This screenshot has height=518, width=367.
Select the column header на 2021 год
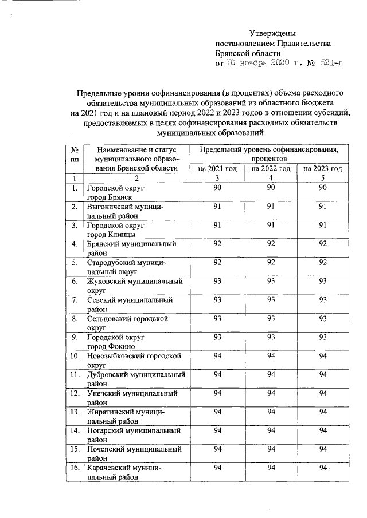[x=217, y=168]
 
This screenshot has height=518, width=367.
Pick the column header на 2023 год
[x=323, y=168]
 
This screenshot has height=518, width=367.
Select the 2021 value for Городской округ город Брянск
[x=217, y=188]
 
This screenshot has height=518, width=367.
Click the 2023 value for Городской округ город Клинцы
[x=323, y=226]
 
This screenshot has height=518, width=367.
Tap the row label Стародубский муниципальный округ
[x=126, y=267]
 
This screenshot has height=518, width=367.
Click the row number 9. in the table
[x=74, y=337]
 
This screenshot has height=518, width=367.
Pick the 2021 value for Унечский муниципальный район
[x=217, y=393]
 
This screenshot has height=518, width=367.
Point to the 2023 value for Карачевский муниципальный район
[x=323, y=468]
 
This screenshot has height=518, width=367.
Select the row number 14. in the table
[x=74, y=430]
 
